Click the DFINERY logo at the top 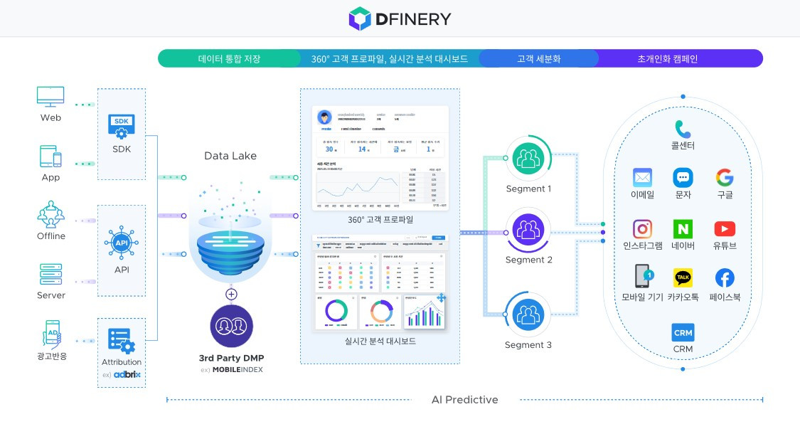(400, 18)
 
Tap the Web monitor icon (50, 97)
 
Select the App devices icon (50, 156)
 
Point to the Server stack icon (50, 273)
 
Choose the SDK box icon (121, 125)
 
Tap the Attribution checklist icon (121, 340)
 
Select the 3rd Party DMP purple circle (232, 327)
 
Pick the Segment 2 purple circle (528, 231)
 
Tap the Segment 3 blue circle (528, 315)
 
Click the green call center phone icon (683, 129)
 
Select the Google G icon (725, 177)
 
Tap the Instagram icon (643, 229)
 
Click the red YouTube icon (725, 229)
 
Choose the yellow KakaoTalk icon (683, 277)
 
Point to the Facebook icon (725, 277)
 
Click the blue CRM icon (683, 332)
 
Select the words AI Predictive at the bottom (465, 400)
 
